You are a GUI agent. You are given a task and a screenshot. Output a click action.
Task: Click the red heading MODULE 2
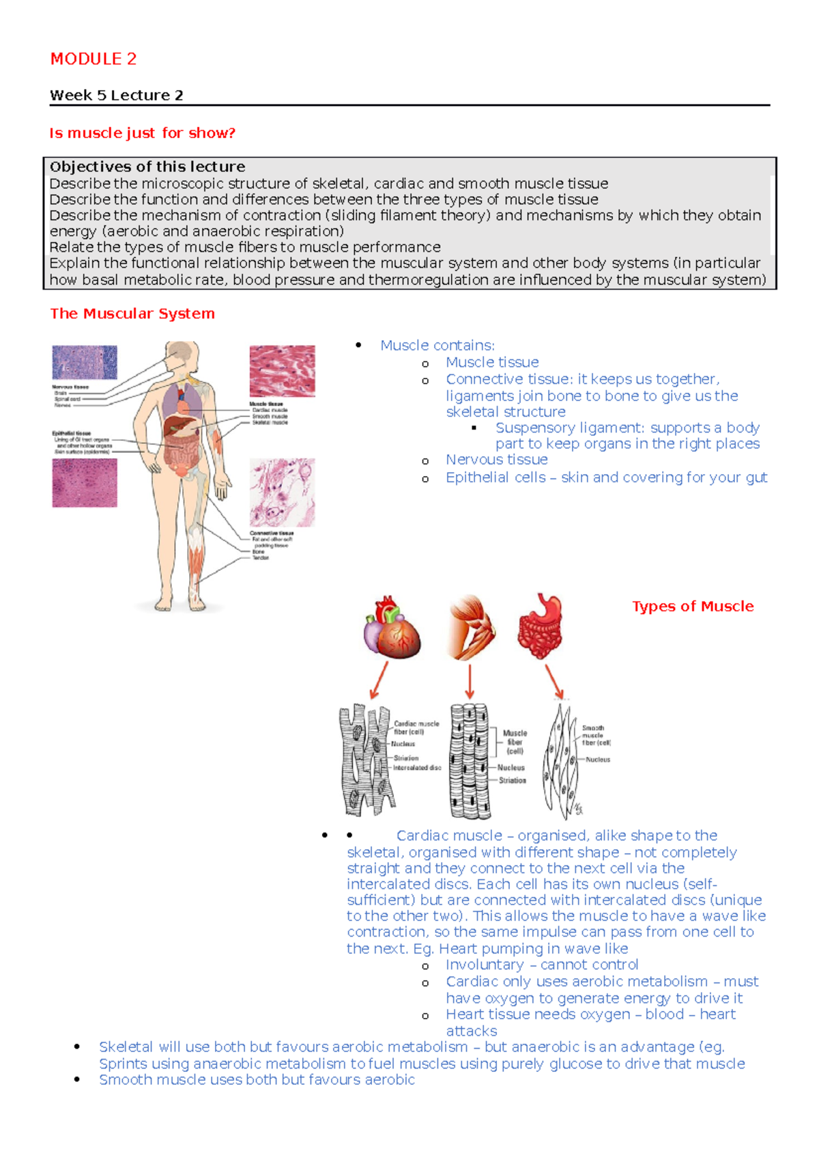point(94,59)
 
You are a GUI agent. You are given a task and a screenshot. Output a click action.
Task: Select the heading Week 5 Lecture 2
point(116,96)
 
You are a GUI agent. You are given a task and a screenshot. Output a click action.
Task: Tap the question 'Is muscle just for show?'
point(142,133)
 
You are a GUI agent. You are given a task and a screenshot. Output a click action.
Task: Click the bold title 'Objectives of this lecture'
point(147,167)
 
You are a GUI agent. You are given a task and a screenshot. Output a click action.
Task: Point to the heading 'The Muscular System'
point(132,314)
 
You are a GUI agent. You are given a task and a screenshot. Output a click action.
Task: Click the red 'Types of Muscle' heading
point(693,607)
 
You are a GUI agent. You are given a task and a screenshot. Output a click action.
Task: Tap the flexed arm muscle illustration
point(471,627)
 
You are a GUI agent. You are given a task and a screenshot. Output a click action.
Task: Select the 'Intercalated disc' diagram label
point(417,768)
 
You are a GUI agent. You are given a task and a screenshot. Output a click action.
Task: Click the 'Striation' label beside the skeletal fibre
point(512,780)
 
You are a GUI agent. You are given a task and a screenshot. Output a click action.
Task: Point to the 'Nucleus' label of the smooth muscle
point(598,760)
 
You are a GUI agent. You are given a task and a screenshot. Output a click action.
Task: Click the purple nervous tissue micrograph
point(85,362)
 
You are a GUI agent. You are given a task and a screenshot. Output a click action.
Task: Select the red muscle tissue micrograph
point(282,370)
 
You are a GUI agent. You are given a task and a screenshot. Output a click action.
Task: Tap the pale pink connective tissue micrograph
point(282,492)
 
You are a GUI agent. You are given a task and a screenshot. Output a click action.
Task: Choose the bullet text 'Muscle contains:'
point(437,346)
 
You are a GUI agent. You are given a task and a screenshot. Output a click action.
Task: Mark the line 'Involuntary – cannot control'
point(542,965)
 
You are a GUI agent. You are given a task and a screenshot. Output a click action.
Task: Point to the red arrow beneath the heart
point(379,680)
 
